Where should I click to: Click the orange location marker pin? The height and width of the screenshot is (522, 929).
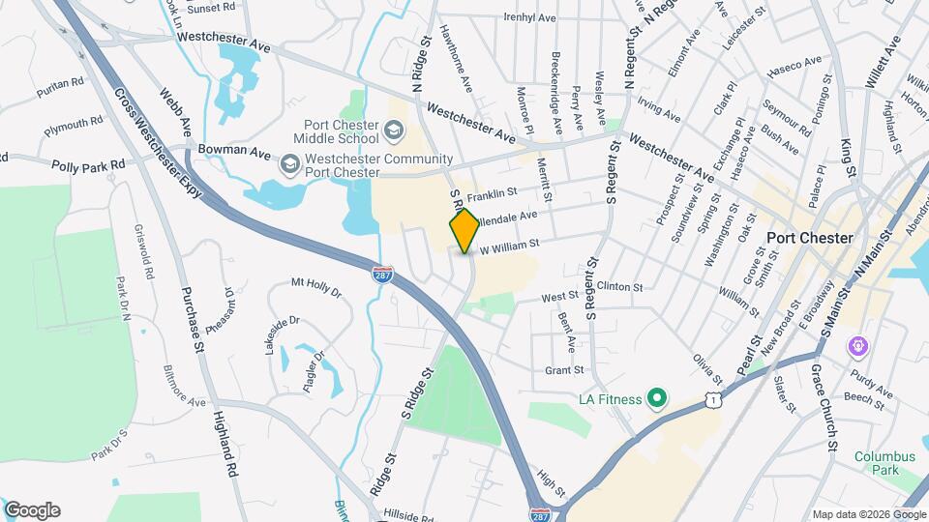(x=464, y=231)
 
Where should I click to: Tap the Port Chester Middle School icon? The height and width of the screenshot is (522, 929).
(x=394, y=130)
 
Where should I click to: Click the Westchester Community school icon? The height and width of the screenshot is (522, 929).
(x=289, y=166)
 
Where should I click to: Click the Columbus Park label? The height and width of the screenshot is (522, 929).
(x=884, y=463)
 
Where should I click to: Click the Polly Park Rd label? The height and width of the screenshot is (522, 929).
(x=90, y=165)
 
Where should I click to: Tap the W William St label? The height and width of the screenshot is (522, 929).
(x=509, y=248)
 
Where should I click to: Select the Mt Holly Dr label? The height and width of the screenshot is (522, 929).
(x=316, y=285)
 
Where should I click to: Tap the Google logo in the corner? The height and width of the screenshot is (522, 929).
(x=32, y=510)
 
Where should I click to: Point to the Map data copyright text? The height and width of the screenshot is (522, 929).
(x=868, y=514)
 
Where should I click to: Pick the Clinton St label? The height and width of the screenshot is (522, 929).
(x=619, y=287)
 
